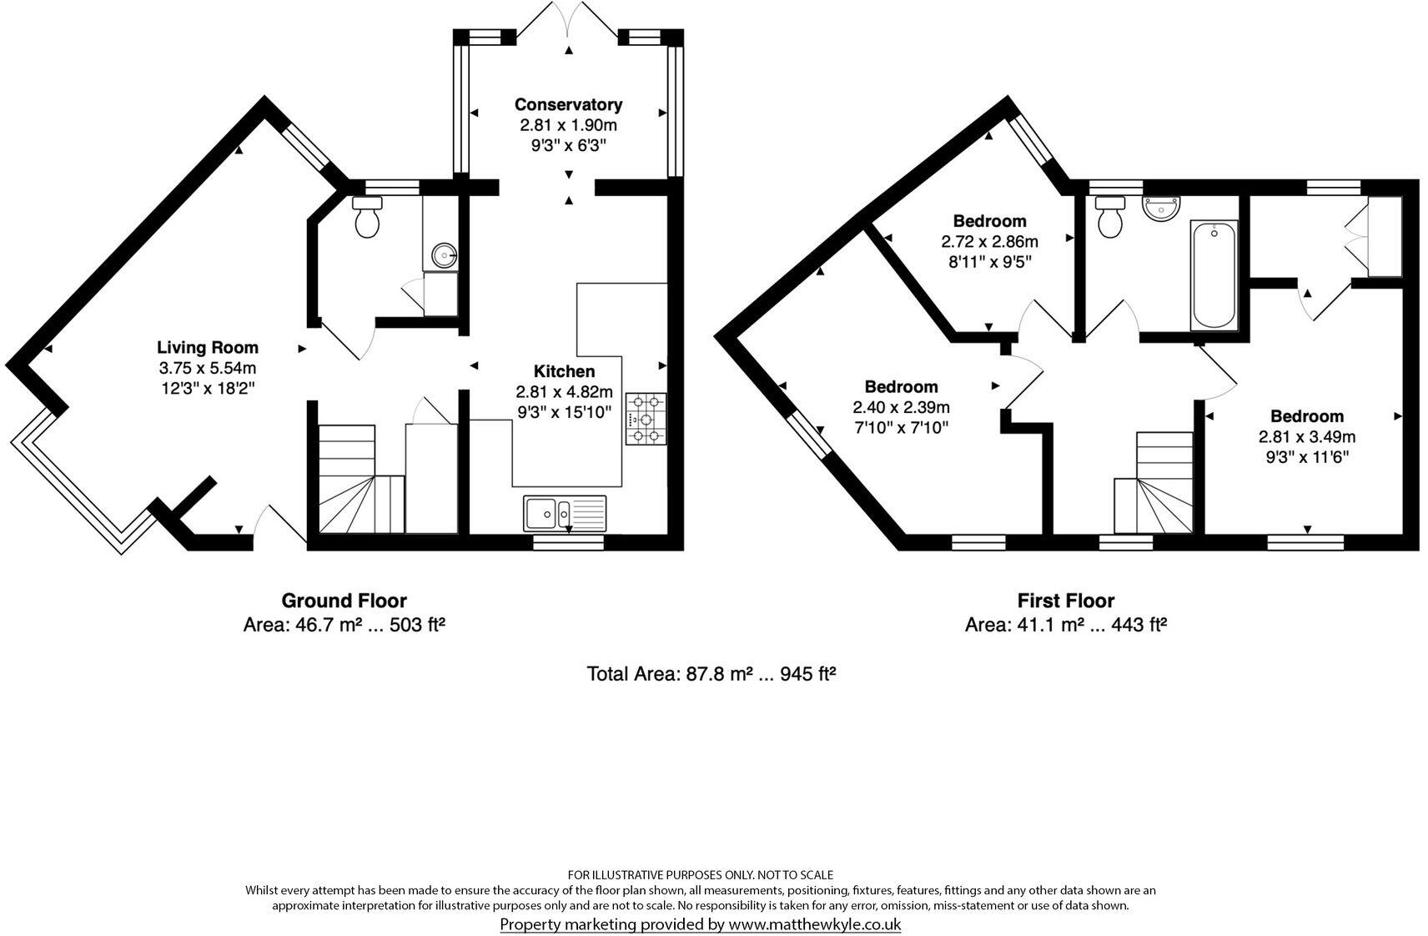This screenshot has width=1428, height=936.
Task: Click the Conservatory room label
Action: coord(568,104)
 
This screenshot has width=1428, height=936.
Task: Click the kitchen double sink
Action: coord(565,512)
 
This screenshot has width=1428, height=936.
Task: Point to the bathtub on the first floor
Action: coord(1214,274)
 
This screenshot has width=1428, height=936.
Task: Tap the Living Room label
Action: coord(208,347)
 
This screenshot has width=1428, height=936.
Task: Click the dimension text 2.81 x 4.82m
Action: coord(565,391)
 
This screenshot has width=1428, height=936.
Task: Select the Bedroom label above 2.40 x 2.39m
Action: coord(901,386)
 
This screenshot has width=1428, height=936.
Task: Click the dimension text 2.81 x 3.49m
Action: coord(1307,436)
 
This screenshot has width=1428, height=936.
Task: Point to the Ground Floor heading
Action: coord(344,601)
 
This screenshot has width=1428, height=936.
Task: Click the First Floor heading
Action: coord(1065,601)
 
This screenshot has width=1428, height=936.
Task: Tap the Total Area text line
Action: coord(711,674)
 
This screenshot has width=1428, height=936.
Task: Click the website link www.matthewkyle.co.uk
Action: coord(814,923)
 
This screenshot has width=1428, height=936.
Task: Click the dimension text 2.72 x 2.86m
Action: coord(989,242)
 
